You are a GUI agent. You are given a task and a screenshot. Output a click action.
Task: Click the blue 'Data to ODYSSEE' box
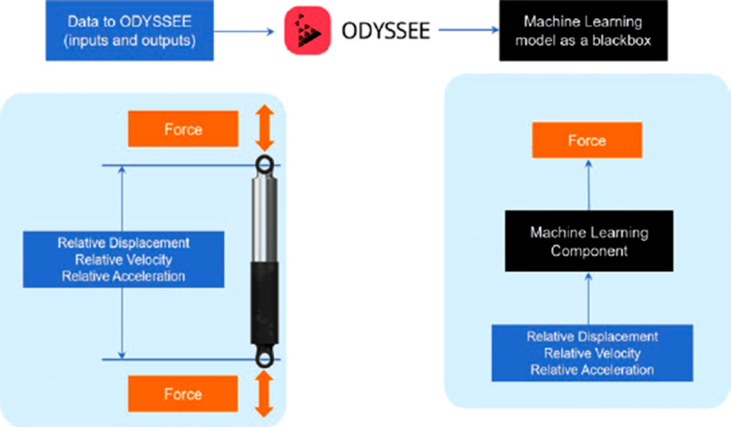point(129,30)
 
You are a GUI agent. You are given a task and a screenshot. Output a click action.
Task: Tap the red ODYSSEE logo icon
point(308,30)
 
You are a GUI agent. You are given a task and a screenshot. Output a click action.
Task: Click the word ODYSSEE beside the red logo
point(386,31)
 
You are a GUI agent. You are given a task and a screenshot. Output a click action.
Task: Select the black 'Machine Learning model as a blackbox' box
point(583,30)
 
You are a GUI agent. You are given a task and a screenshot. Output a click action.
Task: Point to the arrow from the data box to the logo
point(244,31)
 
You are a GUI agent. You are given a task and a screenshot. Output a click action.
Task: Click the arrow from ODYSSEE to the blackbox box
point(469,30)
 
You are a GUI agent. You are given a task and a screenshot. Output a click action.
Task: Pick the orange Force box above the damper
point(183,129)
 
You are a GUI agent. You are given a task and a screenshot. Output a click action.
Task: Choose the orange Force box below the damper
point(183,394)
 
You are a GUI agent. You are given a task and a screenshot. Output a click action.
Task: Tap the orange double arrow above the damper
point(265,128)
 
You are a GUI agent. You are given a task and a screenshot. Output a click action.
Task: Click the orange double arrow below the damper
point(265,394)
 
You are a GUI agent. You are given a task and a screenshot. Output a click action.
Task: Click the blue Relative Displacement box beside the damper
point(124,260)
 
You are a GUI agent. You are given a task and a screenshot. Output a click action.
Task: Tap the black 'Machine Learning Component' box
point(589,241)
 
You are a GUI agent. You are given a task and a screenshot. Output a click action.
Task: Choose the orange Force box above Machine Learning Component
point(587,140)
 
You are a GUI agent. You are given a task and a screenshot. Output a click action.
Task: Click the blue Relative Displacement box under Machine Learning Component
point(592,353)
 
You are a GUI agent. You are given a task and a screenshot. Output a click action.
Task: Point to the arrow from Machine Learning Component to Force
point(589,185)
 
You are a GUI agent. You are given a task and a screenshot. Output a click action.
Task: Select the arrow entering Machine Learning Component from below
point(589,299)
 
